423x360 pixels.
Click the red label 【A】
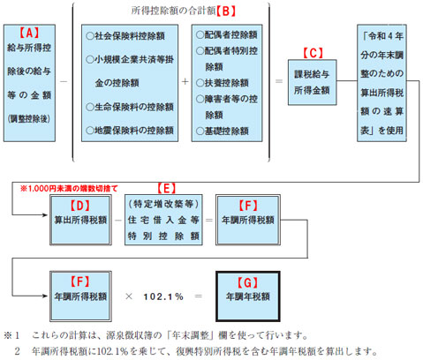tap(29, 33)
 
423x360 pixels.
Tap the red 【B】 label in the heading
tap(226, 11)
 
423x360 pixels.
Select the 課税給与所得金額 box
tap(312, 82)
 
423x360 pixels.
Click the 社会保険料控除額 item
tap(125, 36)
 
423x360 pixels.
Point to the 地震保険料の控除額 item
tap(130, 131)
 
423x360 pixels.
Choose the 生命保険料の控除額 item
tap(130, 107)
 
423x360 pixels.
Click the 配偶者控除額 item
tap(227, 34)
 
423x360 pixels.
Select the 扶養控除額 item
tap(223, 83)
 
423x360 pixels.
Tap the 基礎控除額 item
tap(223, 131)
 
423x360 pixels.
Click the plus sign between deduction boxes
tap(185, 81)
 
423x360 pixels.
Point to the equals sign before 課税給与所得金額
tap(279, 81)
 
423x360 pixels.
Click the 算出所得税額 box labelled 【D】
tap(80, 220)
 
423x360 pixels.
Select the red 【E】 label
tap(167, 188)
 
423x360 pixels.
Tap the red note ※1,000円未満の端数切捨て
tap(69, 188)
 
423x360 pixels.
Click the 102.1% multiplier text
tap(163, 296)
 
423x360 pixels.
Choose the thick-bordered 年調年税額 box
tap(248, 296)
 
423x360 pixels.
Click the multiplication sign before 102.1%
tap(129, 296)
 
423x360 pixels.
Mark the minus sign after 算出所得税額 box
tap(118, 220)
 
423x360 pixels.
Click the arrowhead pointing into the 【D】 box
tap(45, 215)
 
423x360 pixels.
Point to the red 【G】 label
tap(247, 282)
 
